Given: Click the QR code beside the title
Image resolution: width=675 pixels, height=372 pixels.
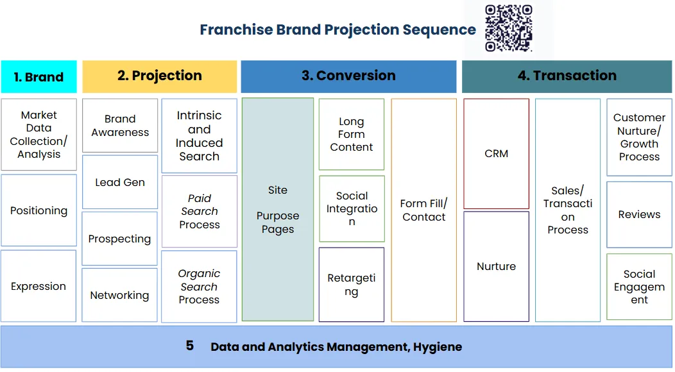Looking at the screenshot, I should point(509,28).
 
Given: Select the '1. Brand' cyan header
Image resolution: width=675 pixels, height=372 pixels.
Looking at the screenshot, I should point(38,77).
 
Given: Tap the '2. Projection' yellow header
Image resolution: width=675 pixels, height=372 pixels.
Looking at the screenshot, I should point(159,76).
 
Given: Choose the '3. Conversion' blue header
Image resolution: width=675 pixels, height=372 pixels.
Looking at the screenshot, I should point(348,76).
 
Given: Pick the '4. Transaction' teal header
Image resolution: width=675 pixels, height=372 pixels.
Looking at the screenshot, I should point(567,76).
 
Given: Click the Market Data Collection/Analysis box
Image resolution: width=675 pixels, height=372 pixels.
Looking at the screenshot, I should point(38,135).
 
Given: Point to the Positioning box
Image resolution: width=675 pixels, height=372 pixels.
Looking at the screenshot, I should point(38,210).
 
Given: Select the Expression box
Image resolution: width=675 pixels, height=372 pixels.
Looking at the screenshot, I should point(38,286).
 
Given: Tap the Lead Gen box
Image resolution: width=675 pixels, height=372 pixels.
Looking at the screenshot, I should point(120,182).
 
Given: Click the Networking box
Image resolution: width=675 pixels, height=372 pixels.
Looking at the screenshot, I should point(119,295).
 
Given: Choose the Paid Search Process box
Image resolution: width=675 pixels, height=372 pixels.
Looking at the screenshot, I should point(199,212).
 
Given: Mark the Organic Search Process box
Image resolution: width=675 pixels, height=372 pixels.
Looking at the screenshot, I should point(199,287).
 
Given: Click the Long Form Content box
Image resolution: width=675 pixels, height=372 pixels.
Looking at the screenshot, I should point(352,135).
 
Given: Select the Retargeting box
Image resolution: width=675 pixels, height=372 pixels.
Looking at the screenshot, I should point(352,285).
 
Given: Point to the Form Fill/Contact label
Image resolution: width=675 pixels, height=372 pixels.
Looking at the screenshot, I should point(423,210).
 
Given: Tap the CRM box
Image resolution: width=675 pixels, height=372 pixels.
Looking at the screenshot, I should point(496,154).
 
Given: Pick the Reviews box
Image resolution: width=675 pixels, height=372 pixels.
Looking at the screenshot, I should point(639,215).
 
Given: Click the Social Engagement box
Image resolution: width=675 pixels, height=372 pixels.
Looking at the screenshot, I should point(639,287).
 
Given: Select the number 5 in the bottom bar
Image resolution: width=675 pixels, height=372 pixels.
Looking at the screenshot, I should point(189,346).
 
